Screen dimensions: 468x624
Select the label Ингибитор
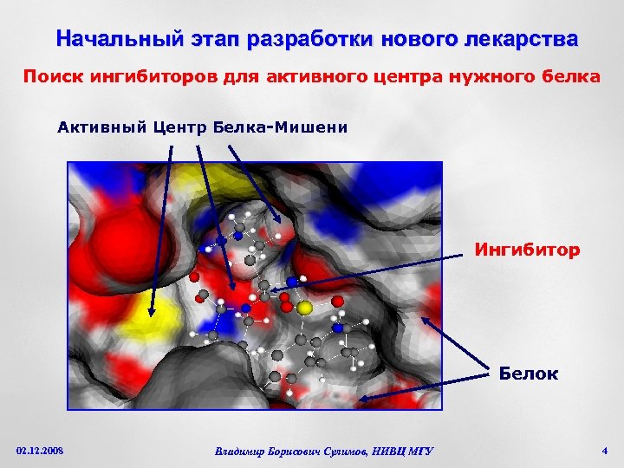pyautogui.click(x=527, y=251)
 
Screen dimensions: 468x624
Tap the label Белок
pyautogui.click(x=528, y=374)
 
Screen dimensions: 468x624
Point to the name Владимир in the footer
pyautogui.click(x=245, y=451)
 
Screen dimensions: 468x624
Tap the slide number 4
pyautogui.click(x=604, y=450)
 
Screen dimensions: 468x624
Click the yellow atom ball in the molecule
pyautogui.click(x=304, y=308)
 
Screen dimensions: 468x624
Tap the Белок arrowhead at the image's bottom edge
pyautogui.click(x=364, y=400)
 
